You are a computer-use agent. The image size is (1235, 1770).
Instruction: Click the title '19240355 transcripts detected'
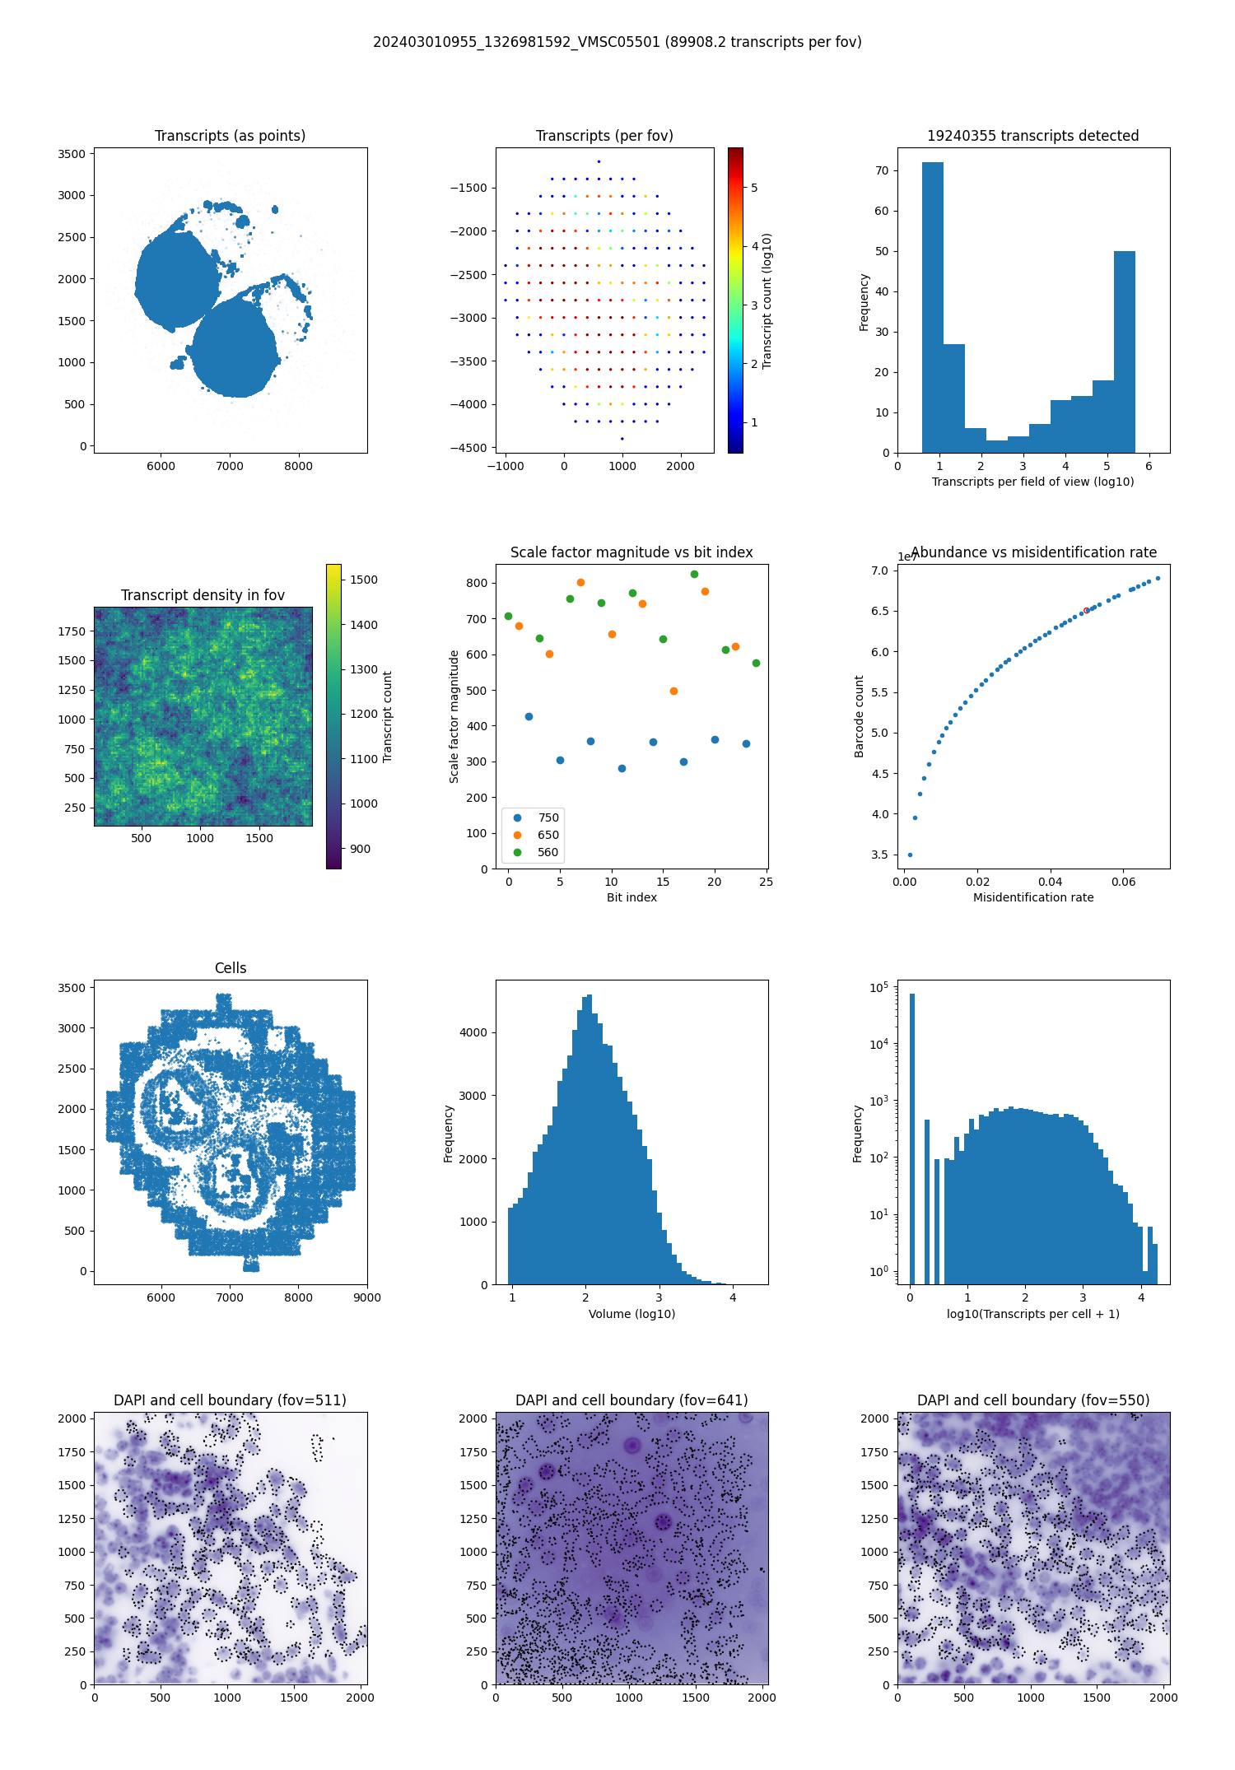click(1032, 136)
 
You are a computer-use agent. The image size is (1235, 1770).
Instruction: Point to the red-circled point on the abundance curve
click(1086, 610)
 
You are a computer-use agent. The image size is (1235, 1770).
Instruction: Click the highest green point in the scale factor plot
click(694, 574)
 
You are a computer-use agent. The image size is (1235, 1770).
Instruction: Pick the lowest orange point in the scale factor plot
click(673, 691)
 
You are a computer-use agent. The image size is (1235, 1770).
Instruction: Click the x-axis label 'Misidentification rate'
click(1032, 897)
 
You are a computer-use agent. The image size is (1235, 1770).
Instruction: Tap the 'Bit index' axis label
click(631, 897)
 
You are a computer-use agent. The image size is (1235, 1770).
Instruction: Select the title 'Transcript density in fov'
click(203, 595)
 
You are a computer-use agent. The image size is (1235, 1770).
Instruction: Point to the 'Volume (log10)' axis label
click(631, 1314)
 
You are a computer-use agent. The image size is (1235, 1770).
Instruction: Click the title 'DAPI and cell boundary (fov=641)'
click(631, 1400)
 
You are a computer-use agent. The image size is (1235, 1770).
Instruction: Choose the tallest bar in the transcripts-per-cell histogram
click(911, 1136)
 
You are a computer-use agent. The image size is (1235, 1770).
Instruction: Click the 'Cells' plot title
click(231, 968)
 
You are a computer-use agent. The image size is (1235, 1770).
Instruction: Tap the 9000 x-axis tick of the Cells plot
click(367, 1297)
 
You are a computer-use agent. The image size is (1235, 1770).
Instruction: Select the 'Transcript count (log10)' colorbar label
click(767, 300)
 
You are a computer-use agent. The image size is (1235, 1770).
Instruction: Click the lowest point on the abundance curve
click(910, 855)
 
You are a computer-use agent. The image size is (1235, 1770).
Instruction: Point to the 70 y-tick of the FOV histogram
click(882, 170)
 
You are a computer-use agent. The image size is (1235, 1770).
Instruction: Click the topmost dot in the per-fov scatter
click(599, 161)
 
